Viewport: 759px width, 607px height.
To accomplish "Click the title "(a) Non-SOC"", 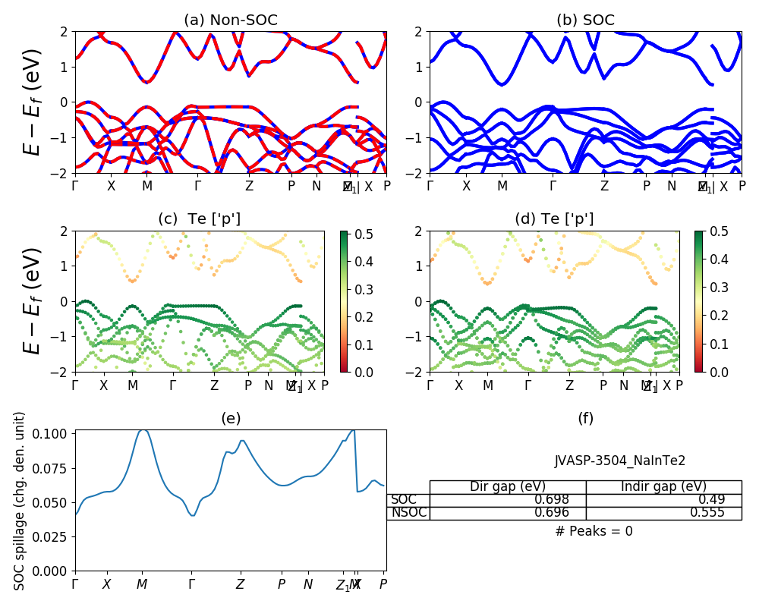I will pyautogui.click(x=231, y=20).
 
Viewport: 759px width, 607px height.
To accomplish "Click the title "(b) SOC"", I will pyautogui.click(x=585, y=20).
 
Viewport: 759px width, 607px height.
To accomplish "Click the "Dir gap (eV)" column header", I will pyautogui.click(x=508, y=487).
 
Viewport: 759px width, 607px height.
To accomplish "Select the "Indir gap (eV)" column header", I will pyautogui.click(x=663, y=487).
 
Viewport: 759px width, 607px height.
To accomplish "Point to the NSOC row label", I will pyautogui.click(x=408, y=513).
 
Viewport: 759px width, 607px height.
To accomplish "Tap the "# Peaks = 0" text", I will pyautogui.click(x=594, y=531).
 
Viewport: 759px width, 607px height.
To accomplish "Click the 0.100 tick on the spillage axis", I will pyautogui.click(x=55, y=433).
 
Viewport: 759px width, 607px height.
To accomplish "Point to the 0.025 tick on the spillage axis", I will pyautogui.click(x=55, y=536).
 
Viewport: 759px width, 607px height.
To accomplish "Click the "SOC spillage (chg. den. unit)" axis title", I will pyautogui.click(x=20, y=501).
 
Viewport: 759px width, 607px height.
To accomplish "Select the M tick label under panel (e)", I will pyautogui.click(x=142, y=584).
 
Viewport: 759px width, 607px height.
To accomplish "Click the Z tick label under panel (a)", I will pyautogui.click(x=249, y=186).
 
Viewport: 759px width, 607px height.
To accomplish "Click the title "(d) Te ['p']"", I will pyautogui.click(x=555, y=219).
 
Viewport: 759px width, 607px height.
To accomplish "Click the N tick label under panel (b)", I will pyautogui.click(x=671, y=186).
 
